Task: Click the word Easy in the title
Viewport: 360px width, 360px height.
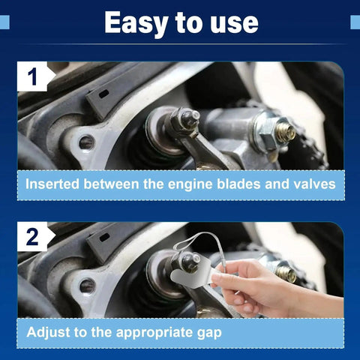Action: [136, 23]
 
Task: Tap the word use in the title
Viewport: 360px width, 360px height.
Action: [234, 25]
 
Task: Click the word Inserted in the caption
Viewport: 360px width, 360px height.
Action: [52, 184]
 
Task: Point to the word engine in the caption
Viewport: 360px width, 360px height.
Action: [190, 184]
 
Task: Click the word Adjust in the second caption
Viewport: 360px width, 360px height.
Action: [48, 332]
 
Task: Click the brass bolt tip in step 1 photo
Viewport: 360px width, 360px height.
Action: [286, 132]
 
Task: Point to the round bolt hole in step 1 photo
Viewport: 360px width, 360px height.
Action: [87, 142]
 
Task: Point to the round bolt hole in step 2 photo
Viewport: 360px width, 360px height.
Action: [87, 286]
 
